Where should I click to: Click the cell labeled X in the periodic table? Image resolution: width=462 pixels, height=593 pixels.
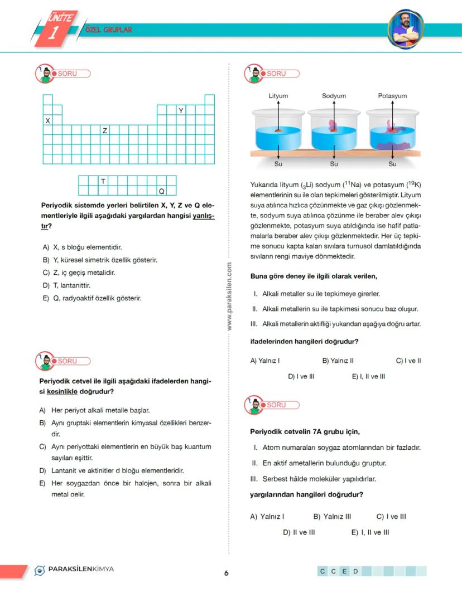47,120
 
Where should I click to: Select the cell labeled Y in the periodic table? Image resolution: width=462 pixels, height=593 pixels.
181,110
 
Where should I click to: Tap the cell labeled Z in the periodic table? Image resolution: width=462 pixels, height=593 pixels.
104,130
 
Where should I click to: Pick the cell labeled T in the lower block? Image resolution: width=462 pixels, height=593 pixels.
104,181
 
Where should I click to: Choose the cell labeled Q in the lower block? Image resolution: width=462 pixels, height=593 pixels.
162,191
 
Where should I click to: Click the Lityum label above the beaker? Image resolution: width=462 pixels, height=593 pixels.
278,96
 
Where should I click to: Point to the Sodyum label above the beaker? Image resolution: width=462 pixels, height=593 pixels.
334,96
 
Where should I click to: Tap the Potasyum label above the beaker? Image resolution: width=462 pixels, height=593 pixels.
392,96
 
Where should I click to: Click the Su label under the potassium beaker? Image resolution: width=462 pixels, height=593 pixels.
392,164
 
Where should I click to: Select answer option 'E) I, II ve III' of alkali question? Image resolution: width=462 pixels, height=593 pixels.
368,376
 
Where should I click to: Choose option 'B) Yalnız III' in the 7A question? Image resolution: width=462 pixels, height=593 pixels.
332,517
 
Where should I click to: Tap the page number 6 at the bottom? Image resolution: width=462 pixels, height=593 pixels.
227,573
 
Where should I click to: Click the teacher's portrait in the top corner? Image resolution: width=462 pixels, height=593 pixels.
406,28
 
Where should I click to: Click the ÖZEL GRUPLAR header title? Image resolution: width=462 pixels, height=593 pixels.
109,30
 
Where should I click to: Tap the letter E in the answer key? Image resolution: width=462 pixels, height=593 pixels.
344,571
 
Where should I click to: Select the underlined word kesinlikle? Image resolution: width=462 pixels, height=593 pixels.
62,391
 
